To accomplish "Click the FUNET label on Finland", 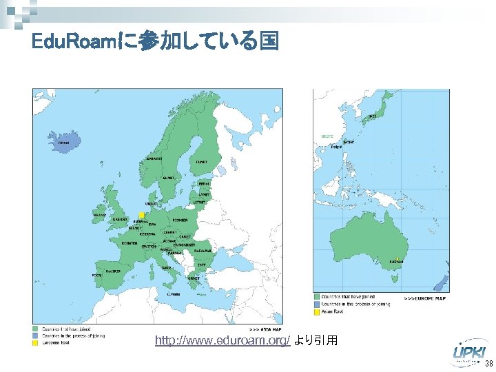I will click(x=201, y=163).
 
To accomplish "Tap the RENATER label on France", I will click(x=129, y=243).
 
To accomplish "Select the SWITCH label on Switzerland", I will click(x=148, y=247).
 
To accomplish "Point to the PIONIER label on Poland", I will click(x=180, y=220).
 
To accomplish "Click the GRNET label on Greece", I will click(x=194, y=279).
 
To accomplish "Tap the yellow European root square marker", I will click(x=141, y=215).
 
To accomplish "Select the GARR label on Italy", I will click(x=167, y=268).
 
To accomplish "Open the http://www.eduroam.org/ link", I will click(x=223, y=340).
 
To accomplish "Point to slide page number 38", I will click(x=488, y=364).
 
